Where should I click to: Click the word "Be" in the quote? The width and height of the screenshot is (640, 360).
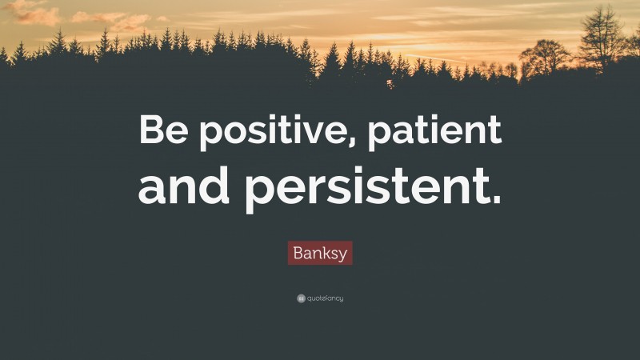pos(164,131)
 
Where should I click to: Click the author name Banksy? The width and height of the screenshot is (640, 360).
pos(320,254)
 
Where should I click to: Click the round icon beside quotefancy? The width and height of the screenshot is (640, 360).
pos(301,298)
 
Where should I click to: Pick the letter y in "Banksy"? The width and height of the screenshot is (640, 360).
pos(345,256)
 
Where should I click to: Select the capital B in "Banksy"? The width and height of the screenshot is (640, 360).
pos(297,254)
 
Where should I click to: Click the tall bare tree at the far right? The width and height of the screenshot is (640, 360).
pos(601,36)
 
